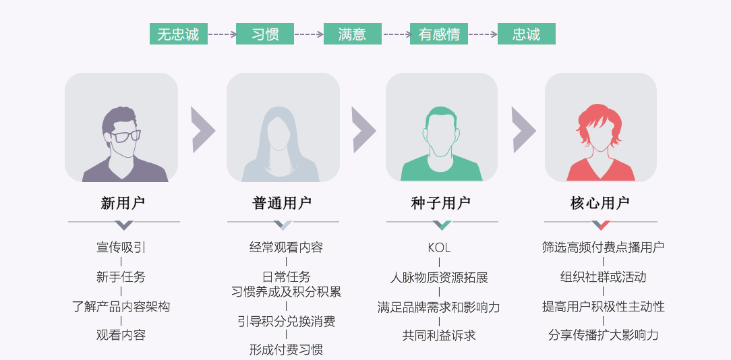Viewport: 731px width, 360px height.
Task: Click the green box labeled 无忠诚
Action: (x=178, y=34)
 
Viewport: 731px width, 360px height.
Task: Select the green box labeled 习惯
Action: (x=265, y=34)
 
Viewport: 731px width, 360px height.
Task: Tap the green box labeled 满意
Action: (x=352, y=34)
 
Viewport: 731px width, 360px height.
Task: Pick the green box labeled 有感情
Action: (x=439, y=34)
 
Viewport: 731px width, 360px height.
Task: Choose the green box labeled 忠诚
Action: (x=526, y=34)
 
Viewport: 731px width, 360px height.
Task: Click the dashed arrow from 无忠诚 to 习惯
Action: (x=222, y=34)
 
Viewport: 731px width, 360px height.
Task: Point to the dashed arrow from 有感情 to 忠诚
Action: (x=483, y=34)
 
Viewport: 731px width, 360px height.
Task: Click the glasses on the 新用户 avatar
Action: (x=125, y=136)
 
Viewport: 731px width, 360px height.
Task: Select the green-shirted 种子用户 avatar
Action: (x=442, y=143)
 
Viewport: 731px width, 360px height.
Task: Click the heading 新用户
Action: (x=123, y=203)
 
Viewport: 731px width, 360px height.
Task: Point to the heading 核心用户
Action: (x=600, y=203)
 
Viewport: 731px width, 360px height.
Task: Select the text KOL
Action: (x=439, y=247)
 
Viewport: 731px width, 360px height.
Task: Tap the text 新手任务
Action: (x=121, y=276)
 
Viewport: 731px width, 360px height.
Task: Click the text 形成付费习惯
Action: (x=286, y=349)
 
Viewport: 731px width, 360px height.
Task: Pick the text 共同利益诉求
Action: (x=439, y=335)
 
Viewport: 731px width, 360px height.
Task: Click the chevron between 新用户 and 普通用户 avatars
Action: (x=203, y=129)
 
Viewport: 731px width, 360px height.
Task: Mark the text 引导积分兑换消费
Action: (x=286, y=321)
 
